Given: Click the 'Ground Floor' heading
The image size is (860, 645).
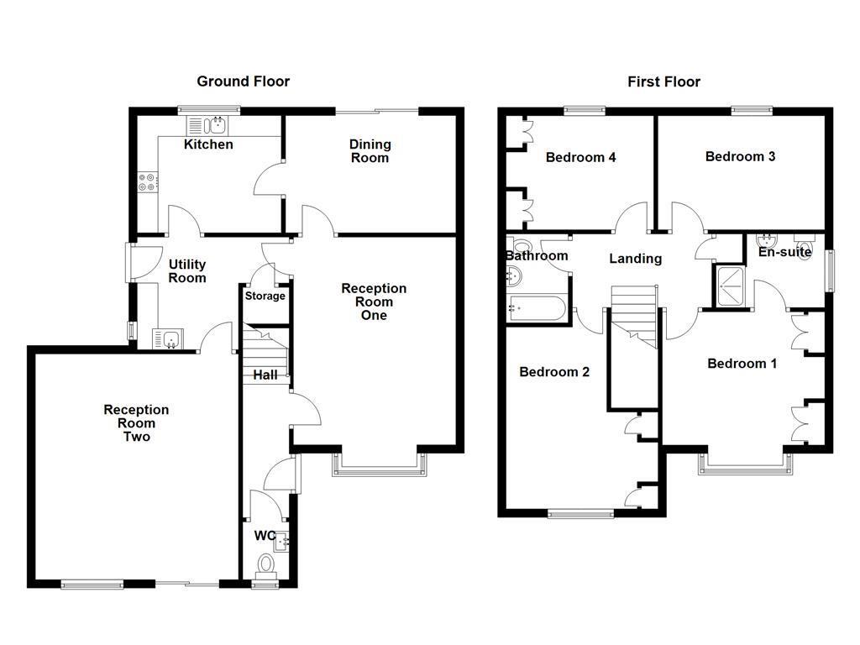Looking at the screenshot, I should coord(243,81).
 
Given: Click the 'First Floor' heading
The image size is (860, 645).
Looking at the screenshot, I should coord(663,81).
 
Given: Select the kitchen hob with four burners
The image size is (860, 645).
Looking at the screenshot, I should coord(146,181).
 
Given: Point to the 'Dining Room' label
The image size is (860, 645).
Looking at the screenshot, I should coord(370,151).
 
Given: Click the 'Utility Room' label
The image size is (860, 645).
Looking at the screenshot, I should coord(186,271).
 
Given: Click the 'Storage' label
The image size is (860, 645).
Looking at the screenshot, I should coord(265,296).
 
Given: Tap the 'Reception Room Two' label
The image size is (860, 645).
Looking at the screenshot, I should coord(136,423).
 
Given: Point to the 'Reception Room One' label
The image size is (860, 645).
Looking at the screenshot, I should coord(374,302).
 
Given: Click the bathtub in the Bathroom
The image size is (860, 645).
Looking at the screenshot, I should coord(537,308).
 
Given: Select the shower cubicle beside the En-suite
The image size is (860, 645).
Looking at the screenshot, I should coord(729,286).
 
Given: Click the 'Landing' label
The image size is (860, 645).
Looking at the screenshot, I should coord(635,259).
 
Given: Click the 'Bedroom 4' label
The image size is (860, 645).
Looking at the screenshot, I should coord(581,157).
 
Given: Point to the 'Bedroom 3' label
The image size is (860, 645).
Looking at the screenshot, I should coord(740,156).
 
